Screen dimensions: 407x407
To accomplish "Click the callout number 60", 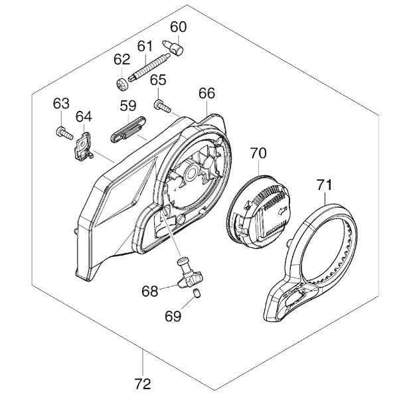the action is (179, 27).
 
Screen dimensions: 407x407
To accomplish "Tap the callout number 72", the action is (143, 384).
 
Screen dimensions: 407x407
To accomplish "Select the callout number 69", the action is (173, 316).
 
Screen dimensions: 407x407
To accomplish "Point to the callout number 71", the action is (324, 185).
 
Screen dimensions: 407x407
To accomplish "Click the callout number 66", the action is (207, 93).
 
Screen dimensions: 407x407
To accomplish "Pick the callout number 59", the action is (128, 106).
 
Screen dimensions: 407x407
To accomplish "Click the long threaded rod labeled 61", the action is (149, 68).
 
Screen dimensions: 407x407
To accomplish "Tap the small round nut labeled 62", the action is (122, 84).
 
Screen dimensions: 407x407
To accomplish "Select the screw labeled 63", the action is (64, 133).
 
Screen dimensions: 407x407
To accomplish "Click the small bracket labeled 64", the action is (83, 146).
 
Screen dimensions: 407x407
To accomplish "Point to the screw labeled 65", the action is (163, 106).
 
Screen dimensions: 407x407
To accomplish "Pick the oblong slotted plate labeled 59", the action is (128, 129).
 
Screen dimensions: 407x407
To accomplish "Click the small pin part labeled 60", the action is (173, 47).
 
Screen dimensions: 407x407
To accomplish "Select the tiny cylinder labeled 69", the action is (197, 294).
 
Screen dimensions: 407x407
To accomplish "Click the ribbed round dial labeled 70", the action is (258, 212).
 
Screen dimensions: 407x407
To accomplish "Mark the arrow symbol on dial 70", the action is (282, 210).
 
